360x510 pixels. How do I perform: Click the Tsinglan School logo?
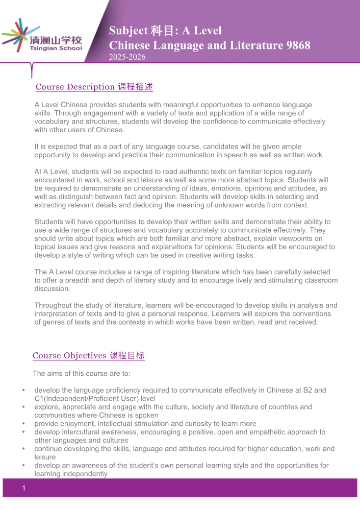click(42, 36)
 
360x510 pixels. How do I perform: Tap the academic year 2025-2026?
click(127, 57)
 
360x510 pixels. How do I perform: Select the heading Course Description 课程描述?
click(94, 87)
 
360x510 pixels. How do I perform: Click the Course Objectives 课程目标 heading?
click(89, 356)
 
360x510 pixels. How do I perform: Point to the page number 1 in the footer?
click(23, 490)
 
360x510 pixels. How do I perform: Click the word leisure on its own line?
click(45, 457)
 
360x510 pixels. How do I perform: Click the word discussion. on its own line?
click(53, 288)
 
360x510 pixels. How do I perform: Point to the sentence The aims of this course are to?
click(82, 374)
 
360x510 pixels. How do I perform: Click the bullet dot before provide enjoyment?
click(24, 424)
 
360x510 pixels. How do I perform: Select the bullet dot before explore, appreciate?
click(24, 407)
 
